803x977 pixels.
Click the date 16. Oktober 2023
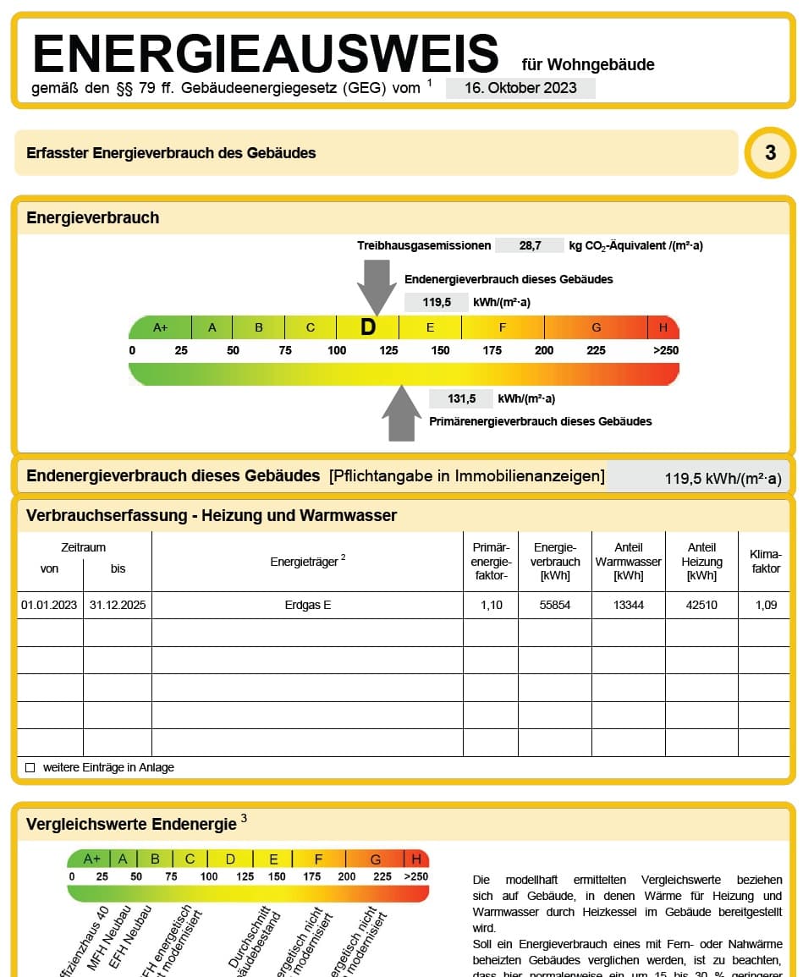coord(520,88)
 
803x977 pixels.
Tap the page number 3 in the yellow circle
coord(770,152)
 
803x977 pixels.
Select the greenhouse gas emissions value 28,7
coord(530,245)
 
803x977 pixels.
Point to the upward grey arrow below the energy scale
coord(401,414)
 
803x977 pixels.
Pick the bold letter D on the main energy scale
coord(367,327)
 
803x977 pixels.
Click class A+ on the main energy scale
coord(161,327)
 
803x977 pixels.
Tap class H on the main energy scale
coord(663,327)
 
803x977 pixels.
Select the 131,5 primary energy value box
coord(461,399)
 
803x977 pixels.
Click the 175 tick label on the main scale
coord(492,350)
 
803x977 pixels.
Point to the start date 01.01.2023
coord(49,606)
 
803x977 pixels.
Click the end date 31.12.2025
coord(118,606)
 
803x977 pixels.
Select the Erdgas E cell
coord(308,606)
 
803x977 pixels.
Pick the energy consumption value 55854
coord(554,606)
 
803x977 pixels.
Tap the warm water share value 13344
coord(628,606)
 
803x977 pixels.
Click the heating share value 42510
coord(701,606)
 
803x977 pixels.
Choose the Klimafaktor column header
coord(766,562)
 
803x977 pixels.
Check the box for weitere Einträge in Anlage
coord(30,768)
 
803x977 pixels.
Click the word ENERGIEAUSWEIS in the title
coord(266,53)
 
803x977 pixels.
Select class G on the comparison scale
coord(375,859)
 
